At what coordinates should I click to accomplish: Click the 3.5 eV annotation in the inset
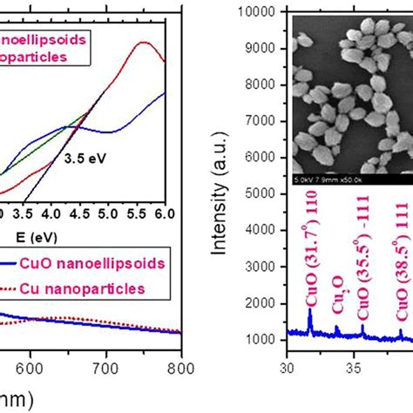pyautogui.click(x=86, y=159)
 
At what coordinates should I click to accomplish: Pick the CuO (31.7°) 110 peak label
pyautogui.click(x=310, y=257)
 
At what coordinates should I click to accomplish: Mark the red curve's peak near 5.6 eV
pyautogui.click(x=143, y=42)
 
